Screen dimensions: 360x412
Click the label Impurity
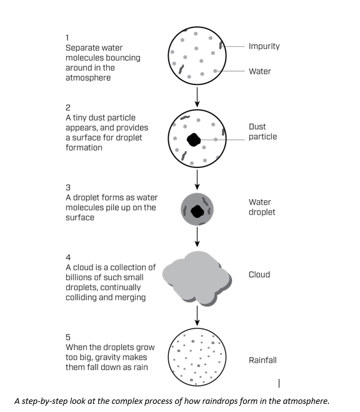pyautogui.click(x=264, y=46)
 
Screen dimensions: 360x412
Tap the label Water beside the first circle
pyautogui.click(x=260, y=71)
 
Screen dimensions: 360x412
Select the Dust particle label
pyautogui.click(x=262, y=132)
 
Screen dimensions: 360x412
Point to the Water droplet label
pyautogui.click(x=262, y=207)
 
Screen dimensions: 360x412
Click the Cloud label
pyautogui.click(x=259, y=275)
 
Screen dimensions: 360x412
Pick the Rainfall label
pyautogui.click(x=262, y=360)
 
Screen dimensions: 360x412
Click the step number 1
pyautogui.click(x=67, y=38)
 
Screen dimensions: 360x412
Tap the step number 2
pyautogui.click(x=68, y=108)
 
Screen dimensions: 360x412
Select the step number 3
pyautogui.click(x=68, y=188)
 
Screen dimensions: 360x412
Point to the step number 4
pyautogui.click(x=68, y=257)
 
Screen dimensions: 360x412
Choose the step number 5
pyautogui.click(x=68, y=337)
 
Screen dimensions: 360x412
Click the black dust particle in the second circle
pyautogui.click(x=194, y=140)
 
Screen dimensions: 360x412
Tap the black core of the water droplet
pyautogui.click(x=197, y=211)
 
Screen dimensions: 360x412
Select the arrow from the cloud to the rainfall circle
pyautogui.click(x=197, y=316)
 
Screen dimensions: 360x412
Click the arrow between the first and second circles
pyautogui.click(x=197, y=97)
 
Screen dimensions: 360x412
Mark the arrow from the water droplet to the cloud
pyautogui.click(x=197, y=237)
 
